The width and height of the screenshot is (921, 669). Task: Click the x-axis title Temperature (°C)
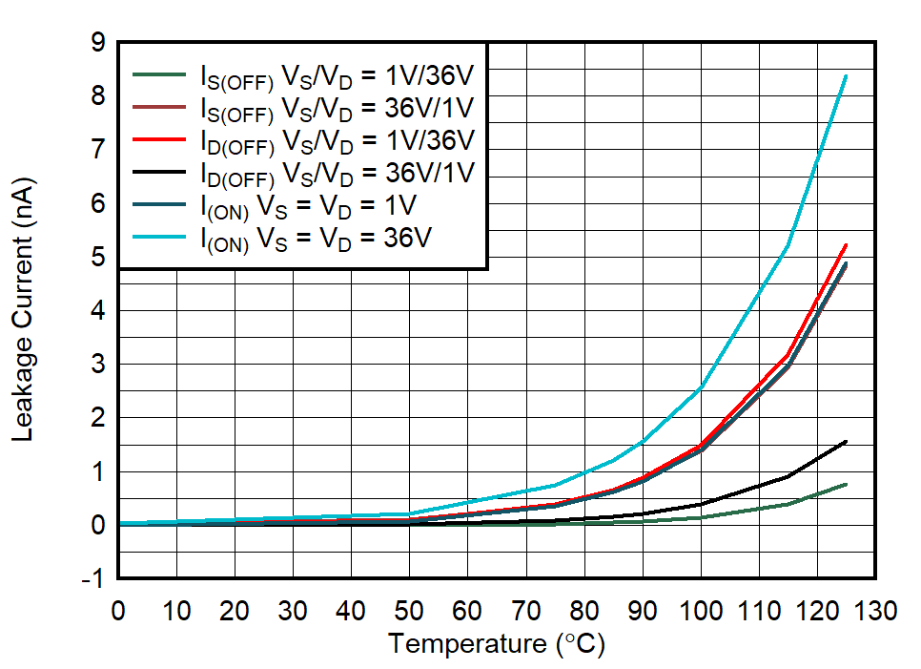pos(496,644)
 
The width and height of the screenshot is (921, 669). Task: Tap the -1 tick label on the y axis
pos(93,579)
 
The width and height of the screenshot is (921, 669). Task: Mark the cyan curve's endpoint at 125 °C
pos(846,75)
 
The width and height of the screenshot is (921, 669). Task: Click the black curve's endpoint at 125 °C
pos(846,441)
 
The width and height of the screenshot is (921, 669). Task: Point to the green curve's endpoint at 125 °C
pos(846,484)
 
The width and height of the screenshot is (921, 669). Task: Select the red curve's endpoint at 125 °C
pos(846,245)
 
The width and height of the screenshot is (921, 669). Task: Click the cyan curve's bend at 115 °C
pos(788,245)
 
